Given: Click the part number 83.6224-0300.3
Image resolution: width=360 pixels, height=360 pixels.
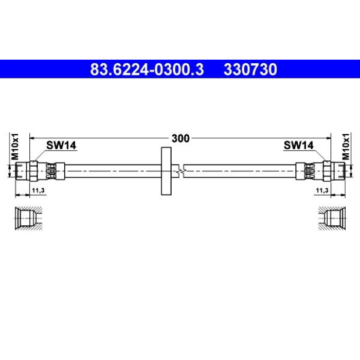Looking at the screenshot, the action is tap(147, 69).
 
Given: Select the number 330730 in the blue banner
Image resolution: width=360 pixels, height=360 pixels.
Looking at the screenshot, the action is tap(250, 69).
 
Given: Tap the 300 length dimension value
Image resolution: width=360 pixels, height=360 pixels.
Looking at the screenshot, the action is tap(181, 138).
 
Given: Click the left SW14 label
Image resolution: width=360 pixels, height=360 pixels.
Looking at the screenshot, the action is tap(61, 146).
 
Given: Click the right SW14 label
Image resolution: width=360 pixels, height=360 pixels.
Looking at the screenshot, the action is tap(298, 146).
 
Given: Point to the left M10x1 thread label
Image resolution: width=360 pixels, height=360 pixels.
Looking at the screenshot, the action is tap(15, 146).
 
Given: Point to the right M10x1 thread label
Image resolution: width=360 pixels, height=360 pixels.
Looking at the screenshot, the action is tap(346, 146).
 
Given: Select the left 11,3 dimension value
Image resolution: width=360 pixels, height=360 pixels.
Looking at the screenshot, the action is tap(39, 190).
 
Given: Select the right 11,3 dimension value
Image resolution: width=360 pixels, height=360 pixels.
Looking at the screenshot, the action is tap(322, 190).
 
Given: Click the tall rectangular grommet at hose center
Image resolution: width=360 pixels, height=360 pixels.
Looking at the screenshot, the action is tap(166, 171).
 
